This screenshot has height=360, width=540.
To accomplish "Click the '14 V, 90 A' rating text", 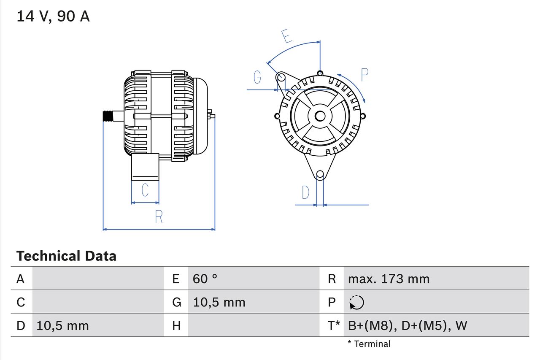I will click(x=53, y=16).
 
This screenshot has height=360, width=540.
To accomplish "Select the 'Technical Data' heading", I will click(x=66, y=256).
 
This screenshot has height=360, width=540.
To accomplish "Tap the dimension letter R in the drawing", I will click(x=159, y=217).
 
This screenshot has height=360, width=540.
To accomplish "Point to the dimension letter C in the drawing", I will click(x=145, y=190).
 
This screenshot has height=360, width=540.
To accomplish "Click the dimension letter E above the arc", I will click(x=286, y=36).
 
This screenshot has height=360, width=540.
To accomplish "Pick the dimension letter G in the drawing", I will click(x=257, y=77).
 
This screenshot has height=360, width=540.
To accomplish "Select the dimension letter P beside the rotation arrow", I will click(x=364, y=75).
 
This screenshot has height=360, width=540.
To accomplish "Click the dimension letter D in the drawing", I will click(x=305, y=192).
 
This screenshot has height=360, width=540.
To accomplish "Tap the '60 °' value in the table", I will click(x=205, y=279).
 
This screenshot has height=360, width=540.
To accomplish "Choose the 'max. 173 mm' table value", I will click(x=389, y=279).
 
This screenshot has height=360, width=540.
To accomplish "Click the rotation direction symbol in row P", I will click(x=356, y=303).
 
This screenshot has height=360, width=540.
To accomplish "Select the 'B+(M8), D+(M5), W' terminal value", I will click(x=408, y=325).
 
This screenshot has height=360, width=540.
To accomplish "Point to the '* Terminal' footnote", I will click(x=369, y=344).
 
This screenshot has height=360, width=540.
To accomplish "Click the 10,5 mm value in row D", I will click(x=62, y=325).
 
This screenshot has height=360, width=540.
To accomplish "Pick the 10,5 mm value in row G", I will click(x=219, y=302).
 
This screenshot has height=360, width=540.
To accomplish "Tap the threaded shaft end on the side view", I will click(x=108, y=116).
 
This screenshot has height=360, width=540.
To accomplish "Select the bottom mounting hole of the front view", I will click(x=320, y=174).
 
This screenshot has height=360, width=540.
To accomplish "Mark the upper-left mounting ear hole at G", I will click(x=281, y=77).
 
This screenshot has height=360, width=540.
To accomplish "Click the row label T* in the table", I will click(x=334, y=325).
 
